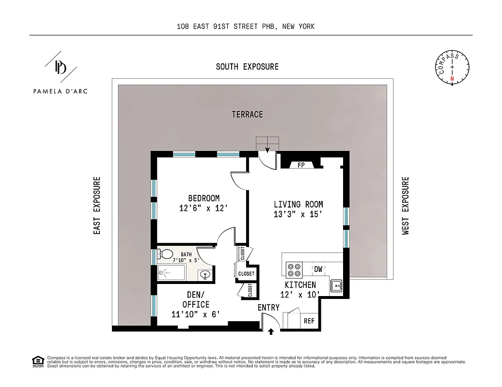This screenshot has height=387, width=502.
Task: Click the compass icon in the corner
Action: [x=452, y=68]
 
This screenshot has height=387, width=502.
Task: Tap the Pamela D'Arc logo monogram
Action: [x=60, y=67]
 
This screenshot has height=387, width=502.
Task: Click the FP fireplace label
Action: [x=301, y=165]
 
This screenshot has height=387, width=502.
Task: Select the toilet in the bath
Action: [x=167, y=254]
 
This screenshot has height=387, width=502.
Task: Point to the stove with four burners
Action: [x=294, y=269]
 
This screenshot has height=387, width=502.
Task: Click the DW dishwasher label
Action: [x=318, y=269]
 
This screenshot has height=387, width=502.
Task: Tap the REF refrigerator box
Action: [x=308, y=321]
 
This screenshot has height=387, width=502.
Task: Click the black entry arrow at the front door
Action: [x=271, y=331]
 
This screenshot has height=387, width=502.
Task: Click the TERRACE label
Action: [x=247, y=115]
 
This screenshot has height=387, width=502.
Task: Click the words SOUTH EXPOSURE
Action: [x=247, y=67]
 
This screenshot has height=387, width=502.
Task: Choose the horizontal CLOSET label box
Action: [x=246, y=274]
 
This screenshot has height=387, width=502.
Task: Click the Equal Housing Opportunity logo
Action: [x=37, y=361]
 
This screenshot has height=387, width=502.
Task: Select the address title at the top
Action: [x=246, y=27]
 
